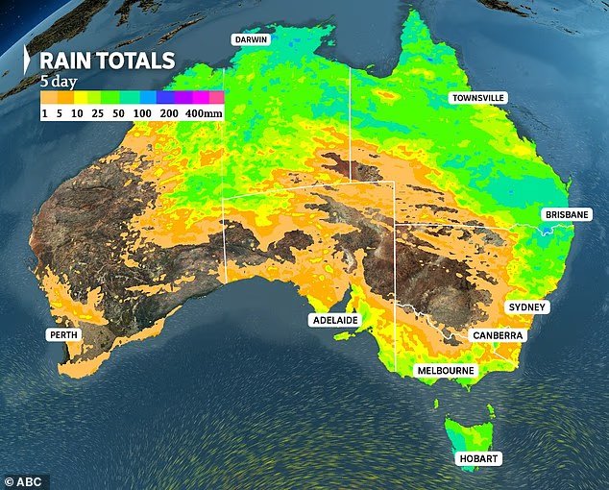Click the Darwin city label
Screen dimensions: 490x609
click(249, 40)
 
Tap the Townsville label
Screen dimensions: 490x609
click(478, 99)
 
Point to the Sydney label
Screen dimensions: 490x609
click(526, 306)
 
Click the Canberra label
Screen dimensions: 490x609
click(496, 334)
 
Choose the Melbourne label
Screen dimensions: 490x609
click(445, 370)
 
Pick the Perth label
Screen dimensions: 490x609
click(63, 334)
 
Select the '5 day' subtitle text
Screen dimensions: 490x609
click(58, 82)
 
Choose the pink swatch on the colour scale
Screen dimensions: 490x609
click(216, 97)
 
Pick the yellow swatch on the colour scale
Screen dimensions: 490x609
click(81, 97)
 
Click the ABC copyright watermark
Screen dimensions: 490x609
click(26, 478)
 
